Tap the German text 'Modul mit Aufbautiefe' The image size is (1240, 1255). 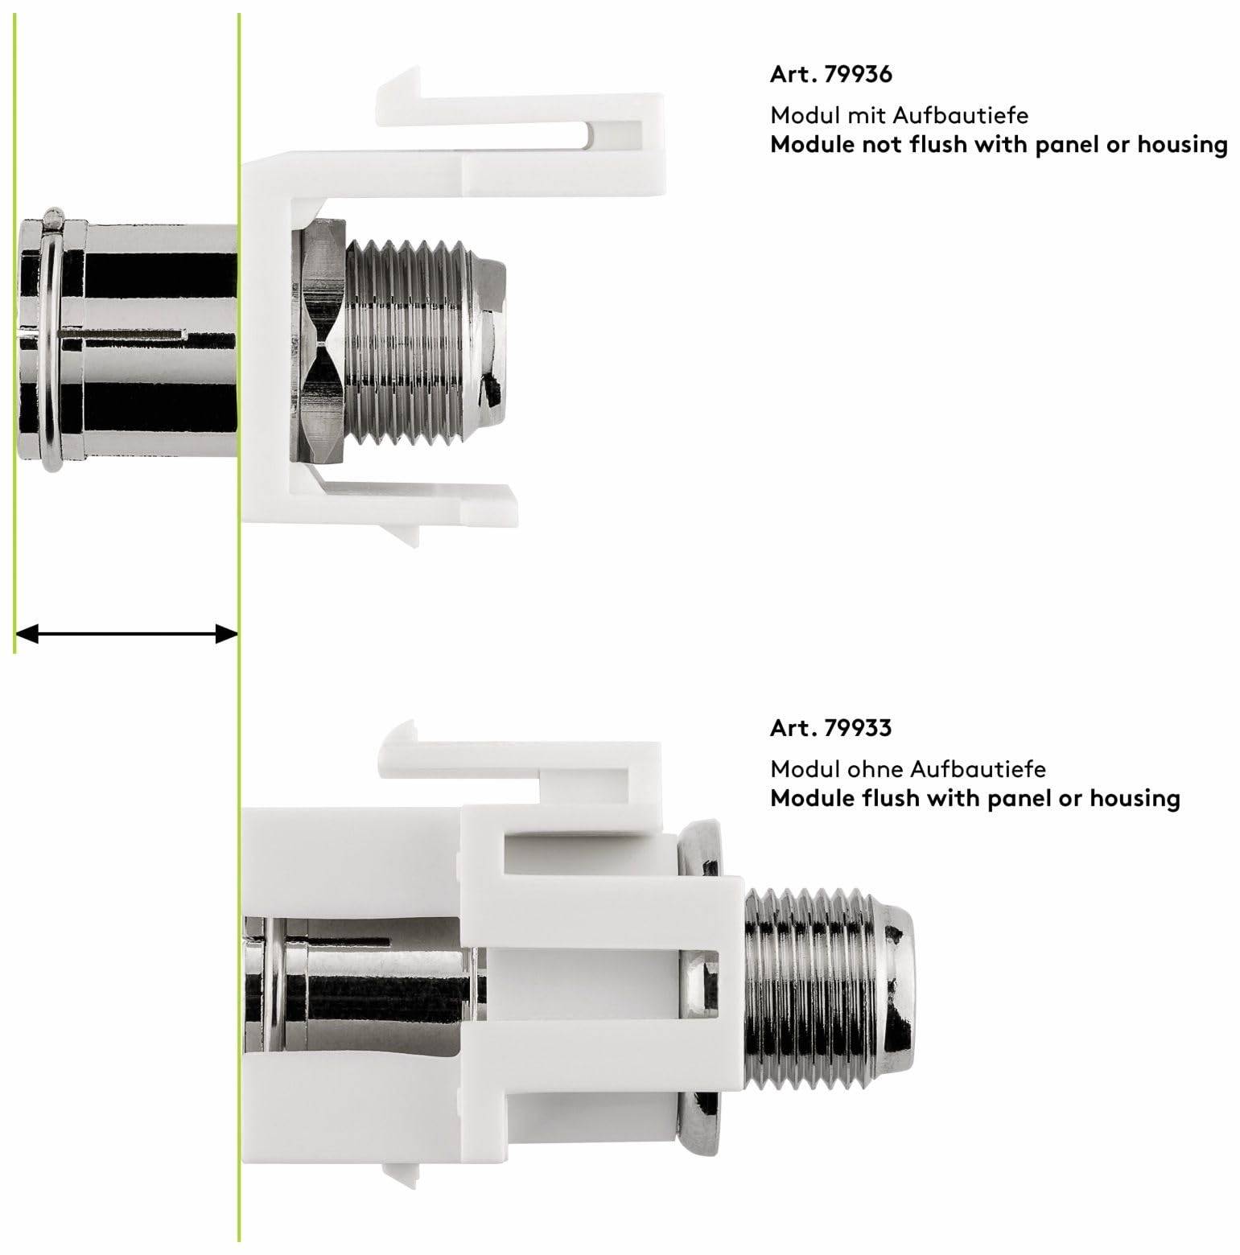(900, 115)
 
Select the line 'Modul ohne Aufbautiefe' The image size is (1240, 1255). (908, 769)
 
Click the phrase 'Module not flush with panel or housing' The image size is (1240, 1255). (999, 146)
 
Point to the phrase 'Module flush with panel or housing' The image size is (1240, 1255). (975, 799)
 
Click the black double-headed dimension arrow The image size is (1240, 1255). (126, 635)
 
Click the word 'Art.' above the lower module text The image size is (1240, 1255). (794, 728)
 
